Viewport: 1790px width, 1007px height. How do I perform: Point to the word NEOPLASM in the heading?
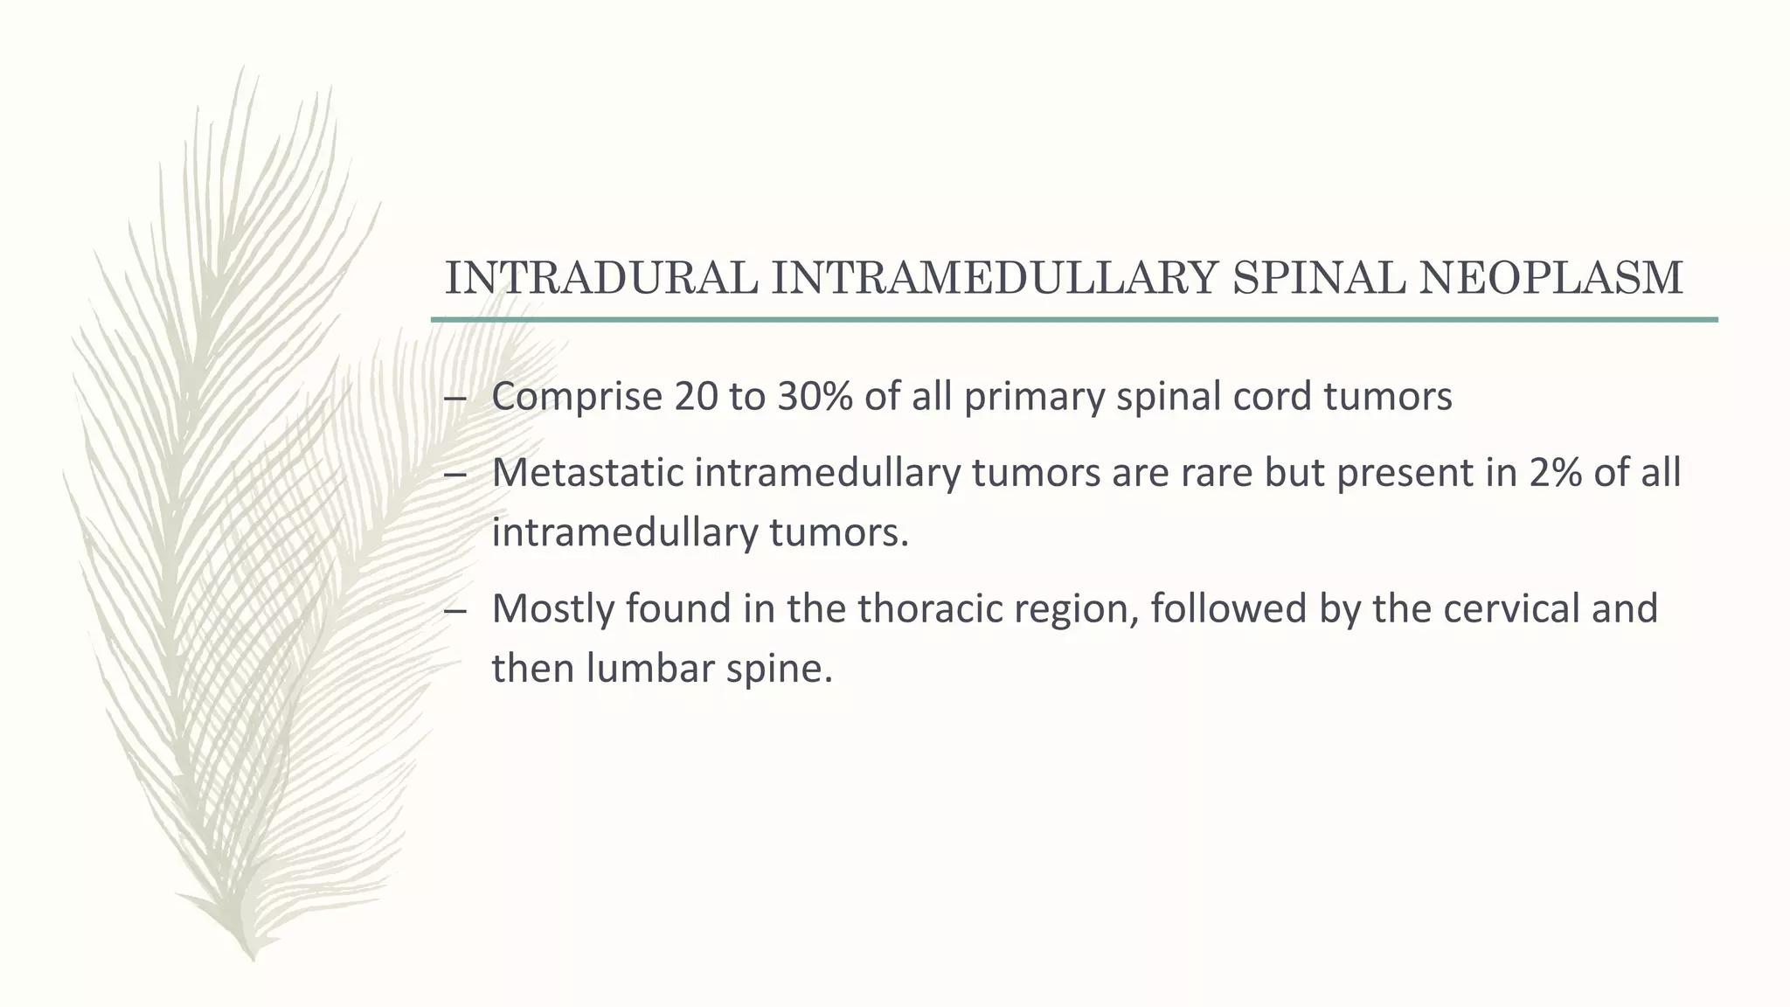[x=1551, y=278]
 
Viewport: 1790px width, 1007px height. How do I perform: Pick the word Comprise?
[x=577, y=397]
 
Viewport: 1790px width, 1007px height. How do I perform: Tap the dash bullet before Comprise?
[x=455, y=399]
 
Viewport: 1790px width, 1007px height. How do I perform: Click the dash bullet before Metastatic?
[x=455, y=475]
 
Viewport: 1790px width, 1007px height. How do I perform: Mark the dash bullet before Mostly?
[x=455, y=610]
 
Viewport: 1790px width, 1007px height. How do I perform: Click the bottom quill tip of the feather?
[x=253, y=956]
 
